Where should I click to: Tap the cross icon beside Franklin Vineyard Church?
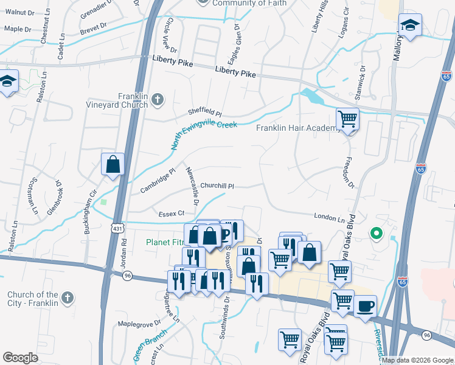(x=157, y=99)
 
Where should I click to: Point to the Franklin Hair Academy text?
(x=296, y=128)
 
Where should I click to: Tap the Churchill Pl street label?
(x=217, y=186)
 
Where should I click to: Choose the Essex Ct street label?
(x=172, y=214)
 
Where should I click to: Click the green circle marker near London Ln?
(x=377, y=232)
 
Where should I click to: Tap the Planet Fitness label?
(x=164, y=242)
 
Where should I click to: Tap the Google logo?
(x=21, y=358)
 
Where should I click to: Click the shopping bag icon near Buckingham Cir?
(x=113, y=164)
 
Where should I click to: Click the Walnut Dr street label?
(x=20, y=12)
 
